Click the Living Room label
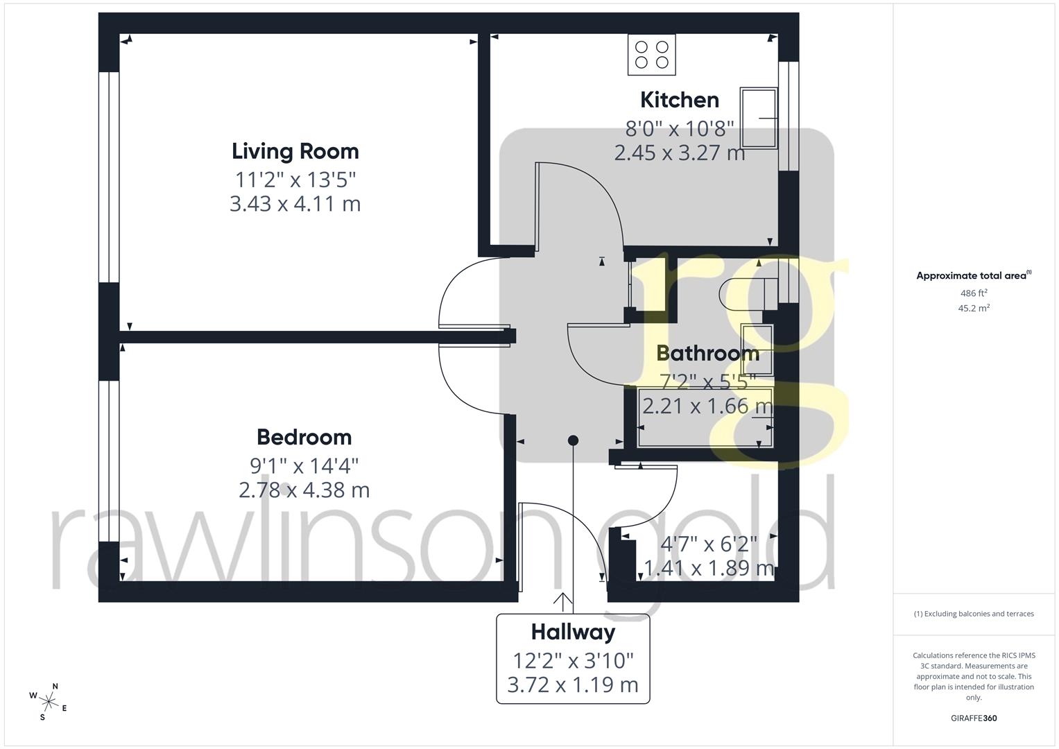click(295, 151)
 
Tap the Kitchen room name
click(679, 100)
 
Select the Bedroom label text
click(304, 437)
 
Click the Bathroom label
click(707, 353)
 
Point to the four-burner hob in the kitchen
click(651, 55)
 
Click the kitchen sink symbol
click(758, 118)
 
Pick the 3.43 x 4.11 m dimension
click(295, 204)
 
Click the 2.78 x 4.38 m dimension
click(304, 490)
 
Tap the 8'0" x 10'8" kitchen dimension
click(679, 128)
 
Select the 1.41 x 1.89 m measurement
click(709, 569)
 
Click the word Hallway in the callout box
click(573, 632)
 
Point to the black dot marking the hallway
click(573, 440)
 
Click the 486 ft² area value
click(974, 293)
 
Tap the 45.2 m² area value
click(974, 309)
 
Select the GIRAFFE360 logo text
click(974, 718)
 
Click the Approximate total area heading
click(973, 276)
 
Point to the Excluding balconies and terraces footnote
click(974, 614)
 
